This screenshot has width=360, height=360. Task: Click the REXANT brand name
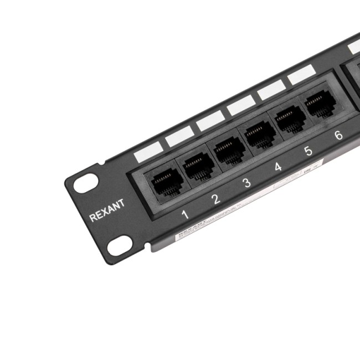tap(107, 210)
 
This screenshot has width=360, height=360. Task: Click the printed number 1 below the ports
tap(185, 214)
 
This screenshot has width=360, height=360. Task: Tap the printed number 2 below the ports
tap(216, 198)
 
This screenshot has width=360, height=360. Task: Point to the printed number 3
tap(247, 182)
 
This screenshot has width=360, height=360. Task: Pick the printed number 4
tap(278, 166)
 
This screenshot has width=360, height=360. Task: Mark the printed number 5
tap(308, 150)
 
